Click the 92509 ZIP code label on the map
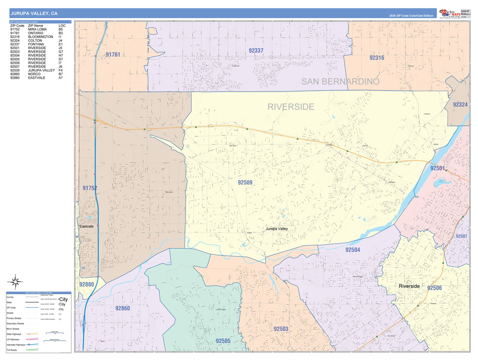(245, 182)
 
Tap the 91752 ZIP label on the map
(90, 188)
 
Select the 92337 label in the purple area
(256, 51)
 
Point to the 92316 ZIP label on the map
(377, 58)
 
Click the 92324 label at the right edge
(460, 105)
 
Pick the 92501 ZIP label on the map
(437, 168)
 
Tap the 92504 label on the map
(352, 250)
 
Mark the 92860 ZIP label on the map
(122, 308)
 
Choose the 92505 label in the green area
(223, 341)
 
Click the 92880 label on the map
(87, 284)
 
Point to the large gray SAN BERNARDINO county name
(340, 82)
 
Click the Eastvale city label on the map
(86, 226)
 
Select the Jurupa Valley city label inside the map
(277, 229)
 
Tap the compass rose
(15, 281)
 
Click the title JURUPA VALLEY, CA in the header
(34, 14)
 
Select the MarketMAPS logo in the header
(449, 13)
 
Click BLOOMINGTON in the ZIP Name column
(40, 37)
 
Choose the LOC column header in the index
(62, 26)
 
